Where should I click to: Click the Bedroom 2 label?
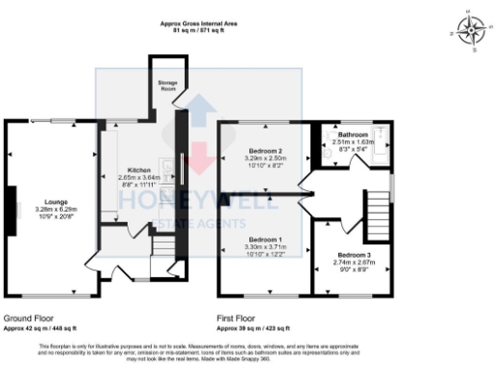265,152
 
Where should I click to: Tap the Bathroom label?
352,134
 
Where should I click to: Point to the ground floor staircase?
162,251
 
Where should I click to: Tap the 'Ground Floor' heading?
27,317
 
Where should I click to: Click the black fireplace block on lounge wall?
12,205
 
